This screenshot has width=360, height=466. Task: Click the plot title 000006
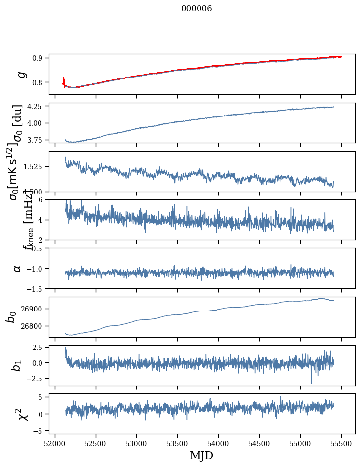(x=197, y=9)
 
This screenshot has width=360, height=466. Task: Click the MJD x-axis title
(x=201, y=456)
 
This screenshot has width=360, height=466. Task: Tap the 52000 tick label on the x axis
(x=55, y=443)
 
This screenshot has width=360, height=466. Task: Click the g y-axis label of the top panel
(x=21, y=74)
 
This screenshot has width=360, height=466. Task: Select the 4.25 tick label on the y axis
(x=36, y=106)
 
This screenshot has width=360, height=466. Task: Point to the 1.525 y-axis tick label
(x=34, y=167)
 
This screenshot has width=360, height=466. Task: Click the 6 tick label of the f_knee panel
(x=43, y=199)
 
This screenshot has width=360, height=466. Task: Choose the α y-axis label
(x=18, y=268)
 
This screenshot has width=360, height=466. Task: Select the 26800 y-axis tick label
(x=33, y=326)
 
